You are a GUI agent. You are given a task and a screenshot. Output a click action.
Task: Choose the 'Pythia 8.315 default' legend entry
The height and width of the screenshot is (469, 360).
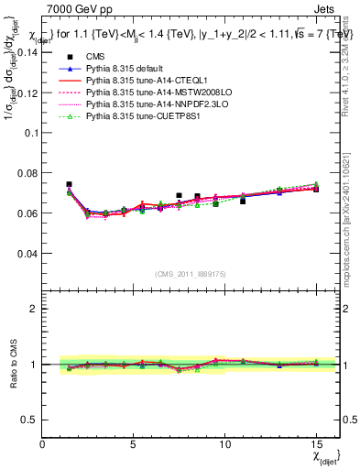[x=128, y=69]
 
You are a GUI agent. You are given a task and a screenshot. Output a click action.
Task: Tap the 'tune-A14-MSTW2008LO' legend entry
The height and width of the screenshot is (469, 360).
[x=151, y=93]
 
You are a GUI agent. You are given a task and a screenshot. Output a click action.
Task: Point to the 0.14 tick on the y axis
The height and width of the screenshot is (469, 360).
[x=27, y=52]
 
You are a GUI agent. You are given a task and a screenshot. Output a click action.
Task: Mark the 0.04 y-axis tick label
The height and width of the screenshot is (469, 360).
[x=27, y=253]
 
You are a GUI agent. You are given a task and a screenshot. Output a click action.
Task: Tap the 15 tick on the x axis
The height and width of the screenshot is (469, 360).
[x=316, y=444]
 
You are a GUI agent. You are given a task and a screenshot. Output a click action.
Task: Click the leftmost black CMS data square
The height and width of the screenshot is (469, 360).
[x=69, y=184]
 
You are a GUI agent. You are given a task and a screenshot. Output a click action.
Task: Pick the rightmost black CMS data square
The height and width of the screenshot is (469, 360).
[x=316, y=189]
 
